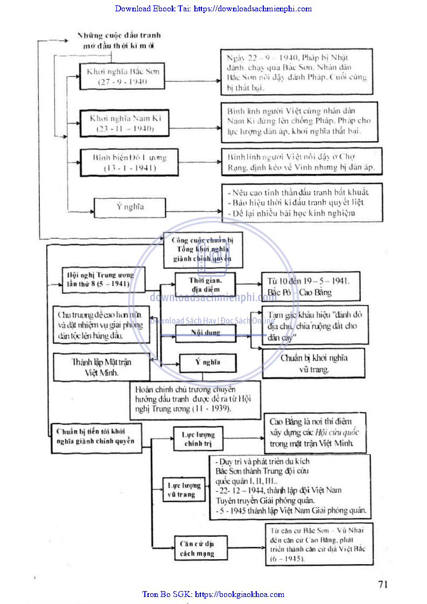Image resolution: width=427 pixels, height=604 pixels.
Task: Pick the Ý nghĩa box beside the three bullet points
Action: (x=130, y=207)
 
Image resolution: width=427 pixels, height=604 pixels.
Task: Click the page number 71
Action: (x=383, y=584)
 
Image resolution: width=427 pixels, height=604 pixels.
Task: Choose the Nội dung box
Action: (x=206, y=332)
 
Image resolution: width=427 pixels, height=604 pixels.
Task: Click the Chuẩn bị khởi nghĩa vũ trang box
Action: (x=313, y=363)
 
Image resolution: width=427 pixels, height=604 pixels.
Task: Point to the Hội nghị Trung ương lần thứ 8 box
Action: (x=97, y=279)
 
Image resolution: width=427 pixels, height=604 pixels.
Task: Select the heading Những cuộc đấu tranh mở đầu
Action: (x=118, y=40)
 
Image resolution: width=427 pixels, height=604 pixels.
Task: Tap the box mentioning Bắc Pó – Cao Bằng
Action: (x=310, y=287)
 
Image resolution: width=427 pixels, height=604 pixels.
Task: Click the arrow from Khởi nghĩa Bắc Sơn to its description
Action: (x=192, y=82)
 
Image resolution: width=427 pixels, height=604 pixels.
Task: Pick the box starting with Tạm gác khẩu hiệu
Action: (x=315, y=326)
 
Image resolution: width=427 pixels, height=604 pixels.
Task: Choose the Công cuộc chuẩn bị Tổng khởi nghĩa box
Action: (x=202, y=249)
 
